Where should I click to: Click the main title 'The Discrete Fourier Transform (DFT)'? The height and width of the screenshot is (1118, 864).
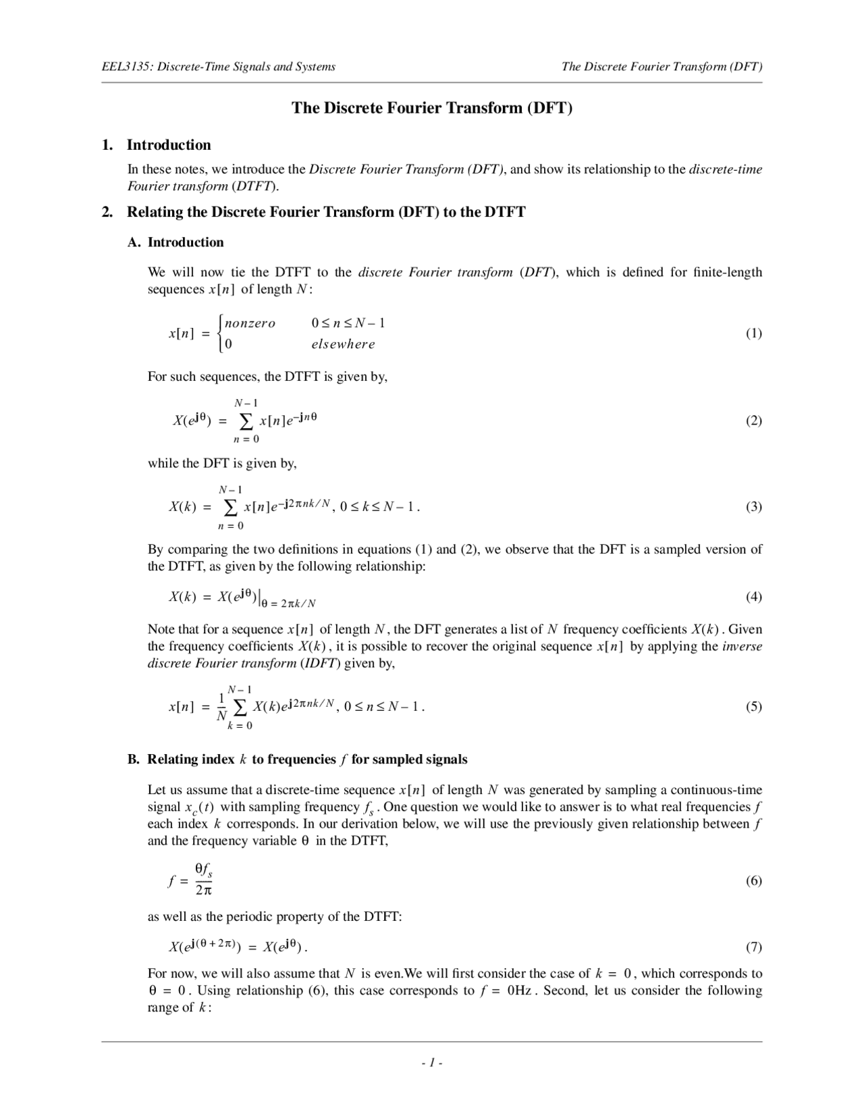(x=432, y=108)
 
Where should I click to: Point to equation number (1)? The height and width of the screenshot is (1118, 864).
(x=753, y=334)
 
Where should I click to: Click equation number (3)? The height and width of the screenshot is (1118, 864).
(x=753, y=507)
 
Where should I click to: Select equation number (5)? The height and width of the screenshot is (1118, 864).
(x=753, y=707)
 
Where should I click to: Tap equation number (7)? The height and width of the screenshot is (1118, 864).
(x=753, y=947)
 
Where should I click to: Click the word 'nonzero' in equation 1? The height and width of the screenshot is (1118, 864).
(x=250, y=323)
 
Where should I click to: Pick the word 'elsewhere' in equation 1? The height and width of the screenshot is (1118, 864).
(x=343, y=344)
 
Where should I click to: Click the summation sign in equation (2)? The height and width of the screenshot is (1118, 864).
(x=246, y=421)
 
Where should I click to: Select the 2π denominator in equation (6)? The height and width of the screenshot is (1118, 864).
(x=203, y=891)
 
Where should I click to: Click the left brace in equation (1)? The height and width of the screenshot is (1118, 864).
(x=221, y=334)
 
